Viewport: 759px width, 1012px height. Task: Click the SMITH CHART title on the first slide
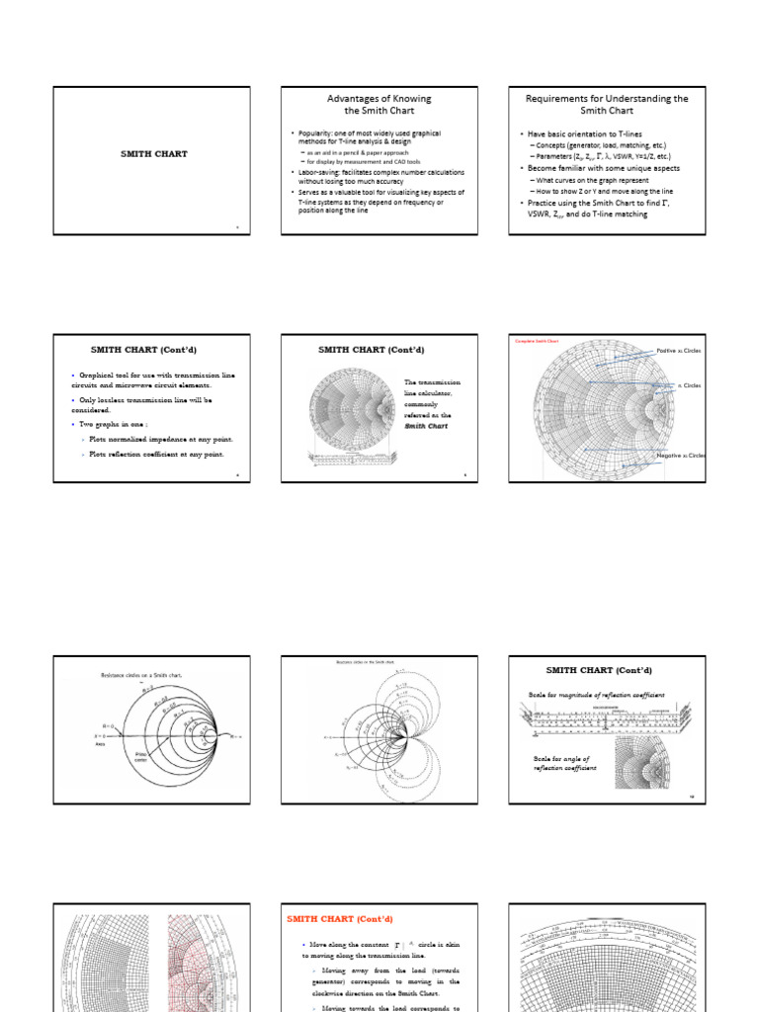click(153, 154)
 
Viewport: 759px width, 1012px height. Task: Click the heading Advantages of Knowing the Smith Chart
click(379, 105)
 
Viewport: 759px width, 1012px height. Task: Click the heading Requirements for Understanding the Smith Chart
click(607, 105)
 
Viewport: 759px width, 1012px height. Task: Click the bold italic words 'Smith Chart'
click(426, 426)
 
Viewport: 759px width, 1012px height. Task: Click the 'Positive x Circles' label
click(680, 351)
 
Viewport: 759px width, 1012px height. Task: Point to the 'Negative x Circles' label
click(682, 456)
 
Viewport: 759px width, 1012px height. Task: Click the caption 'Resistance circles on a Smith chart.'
click(143, 675)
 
